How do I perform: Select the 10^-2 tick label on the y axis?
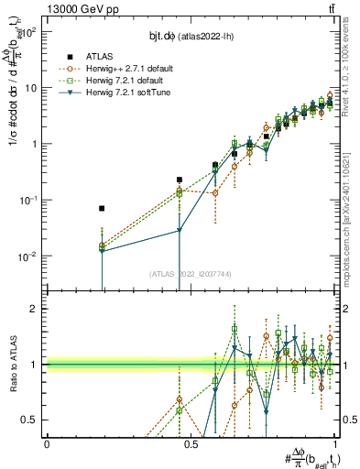27,256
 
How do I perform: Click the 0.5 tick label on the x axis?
191,443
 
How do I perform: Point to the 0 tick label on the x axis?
47,443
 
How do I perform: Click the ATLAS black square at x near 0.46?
180,180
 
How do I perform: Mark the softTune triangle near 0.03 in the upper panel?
180,231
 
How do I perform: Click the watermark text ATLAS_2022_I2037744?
191,273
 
